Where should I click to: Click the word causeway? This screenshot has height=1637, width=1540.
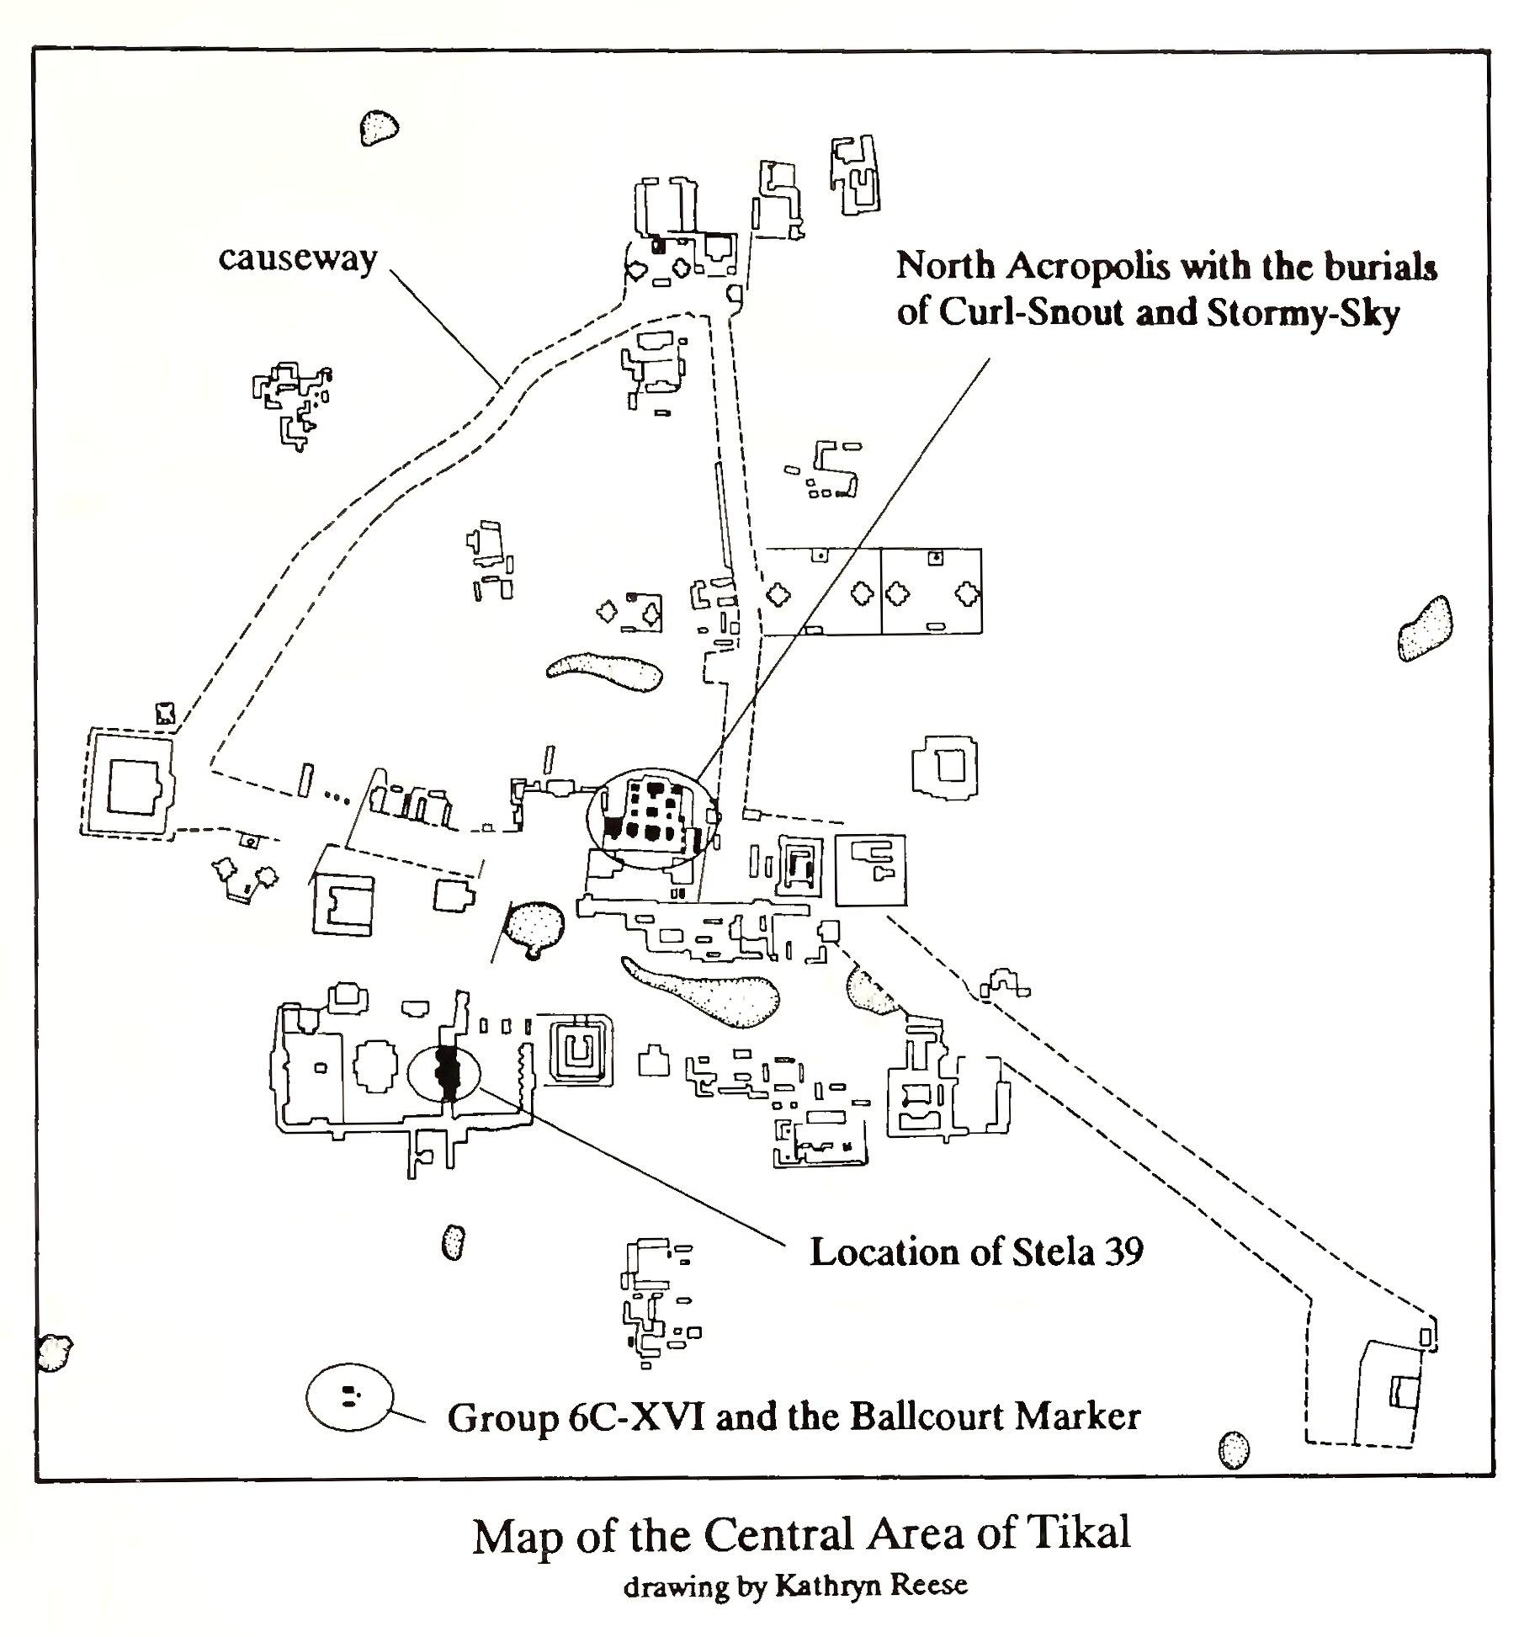click(297, 258)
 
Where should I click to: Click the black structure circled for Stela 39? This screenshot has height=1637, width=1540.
click(446, 1072)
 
